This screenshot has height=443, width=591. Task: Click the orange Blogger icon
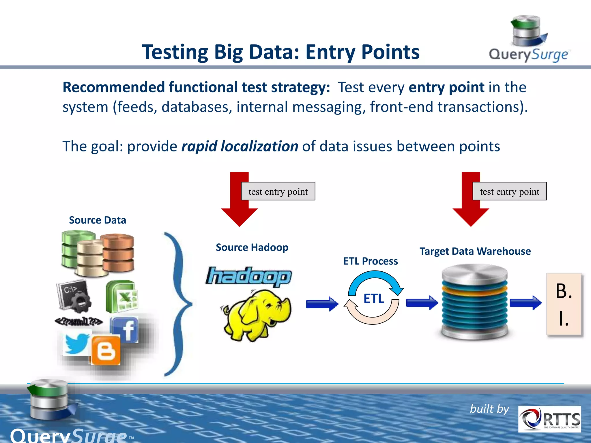pyautogui.click(x=106, y=350)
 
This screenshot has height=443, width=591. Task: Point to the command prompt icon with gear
pyautogui.click(x=74, y=296)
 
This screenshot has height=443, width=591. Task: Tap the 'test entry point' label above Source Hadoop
pyautogui.click(x=278, y=191)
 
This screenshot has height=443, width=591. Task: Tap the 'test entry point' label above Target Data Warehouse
pyautogui.click(x=509, y=191)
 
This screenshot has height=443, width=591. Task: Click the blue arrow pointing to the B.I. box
pyautogui.click(x=525, y=303)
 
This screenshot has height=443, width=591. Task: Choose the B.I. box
pyautogui.click(x=564, y=304)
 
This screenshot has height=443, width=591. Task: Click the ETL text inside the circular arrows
pyautogui.click(x=374, y=299)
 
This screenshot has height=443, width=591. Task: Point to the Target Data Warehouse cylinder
pyautogui.click(x=474, y=301)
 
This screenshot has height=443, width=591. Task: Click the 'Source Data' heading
pyautogui.click(x=98, y=220)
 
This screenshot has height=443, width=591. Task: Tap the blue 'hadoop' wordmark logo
pyautogui.click(x=249, y=276)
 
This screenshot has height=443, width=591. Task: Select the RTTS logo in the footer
pyautogui.click(x=549, y=419)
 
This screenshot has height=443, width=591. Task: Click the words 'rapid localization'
pyautogui.click(x=240, y=146)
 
